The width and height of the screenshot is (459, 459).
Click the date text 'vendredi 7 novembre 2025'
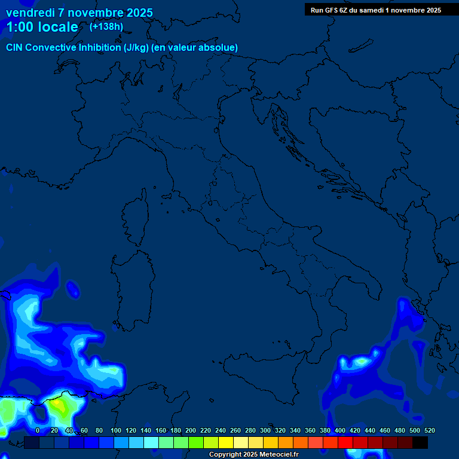click(x=79, y=13)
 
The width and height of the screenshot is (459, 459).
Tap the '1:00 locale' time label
click(x=42, y=27)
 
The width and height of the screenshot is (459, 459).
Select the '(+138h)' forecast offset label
click(x=106, y=26)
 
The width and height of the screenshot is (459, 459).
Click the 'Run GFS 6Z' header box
click(x=376, y=10)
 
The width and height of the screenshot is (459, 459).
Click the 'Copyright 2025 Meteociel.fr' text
click(x=253, y=454)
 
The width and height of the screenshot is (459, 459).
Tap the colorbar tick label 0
click(x=38, y=430)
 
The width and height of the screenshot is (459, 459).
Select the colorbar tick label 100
click(x=116, y=430)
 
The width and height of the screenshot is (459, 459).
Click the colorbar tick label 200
click(x=191, y=430)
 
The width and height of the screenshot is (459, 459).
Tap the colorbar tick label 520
click(x=429, y=430)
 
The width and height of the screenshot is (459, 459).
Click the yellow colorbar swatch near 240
click(x=226, y=442)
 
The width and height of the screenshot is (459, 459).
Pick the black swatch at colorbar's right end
click(x=420, y=442)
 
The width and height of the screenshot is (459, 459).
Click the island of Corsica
click(x=136, y=219)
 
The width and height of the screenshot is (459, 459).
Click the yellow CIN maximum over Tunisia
click(x=59, y=405)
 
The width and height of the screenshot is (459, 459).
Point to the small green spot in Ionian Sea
click(x=361, y=361)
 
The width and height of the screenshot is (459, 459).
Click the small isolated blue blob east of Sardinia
click(x=73, y=290)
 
